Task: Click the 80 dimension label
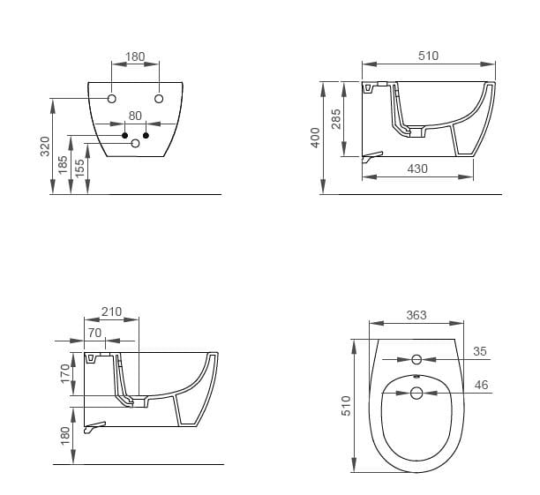[135, 116]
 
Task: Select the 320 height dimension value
[46, 146]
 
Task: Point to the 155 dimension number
[80, 169]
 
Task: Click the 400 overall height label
[315, 137]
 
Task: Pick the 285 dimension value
[336, 119]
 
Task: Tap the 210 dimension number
[112, 311]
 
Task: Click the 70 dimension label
[95, 333]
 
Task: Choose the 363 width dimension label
[416, 315]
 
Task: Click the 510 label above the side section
[427, 56]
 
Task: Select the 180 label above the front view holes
[135, 56]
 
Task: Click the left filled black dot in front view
[124, 135]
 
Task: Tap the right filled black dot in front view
[146, 135]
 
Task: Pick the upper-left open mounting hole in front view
[112, 96]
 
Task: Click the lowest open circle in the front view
[135, 143]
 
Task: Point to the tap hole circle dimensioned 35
[416, 359]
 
